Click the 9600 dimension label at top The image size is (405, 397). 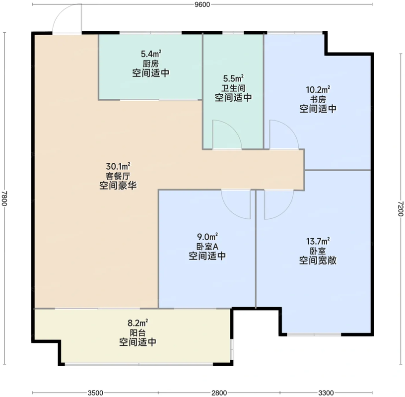coord(202,4)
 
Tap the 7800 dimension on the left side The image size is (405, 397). coord(4,198)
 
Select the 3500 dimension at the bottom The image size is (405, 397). coord(95,393)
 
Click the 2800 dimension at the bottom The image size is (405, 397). coord(219,393)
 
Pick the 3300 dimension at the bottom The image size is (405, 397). coord(326,393)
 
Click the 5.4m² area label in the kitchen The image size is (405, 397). coord(151,54)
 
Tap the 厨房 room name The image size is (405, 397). coord(151,64)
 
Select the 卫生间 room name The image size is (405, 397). coord(233,88)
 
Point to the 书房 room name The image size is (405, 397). coord(318,99)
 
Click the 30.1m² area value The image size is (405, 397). coord(118,166)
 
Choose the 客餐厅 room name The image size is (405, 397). coord(118,176)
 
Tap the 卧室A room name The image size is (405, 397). coord(207,247)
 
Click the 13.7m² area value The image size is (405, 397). coord(318,242)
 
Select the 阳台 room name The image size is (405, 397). coord(137,332)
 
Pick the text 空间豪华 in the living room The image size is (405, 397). coord(118,186)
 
